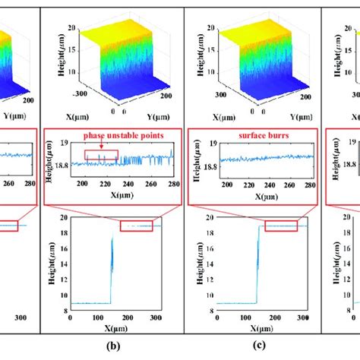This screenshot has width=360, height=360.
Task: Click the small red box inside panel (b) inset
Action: tap(101, 155)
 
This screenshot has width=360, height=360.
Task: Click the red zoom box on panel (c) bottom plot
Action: tap(284, 226)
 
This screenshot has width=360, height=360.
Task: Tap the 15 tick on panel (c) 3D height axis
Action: tap(200, 50)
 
